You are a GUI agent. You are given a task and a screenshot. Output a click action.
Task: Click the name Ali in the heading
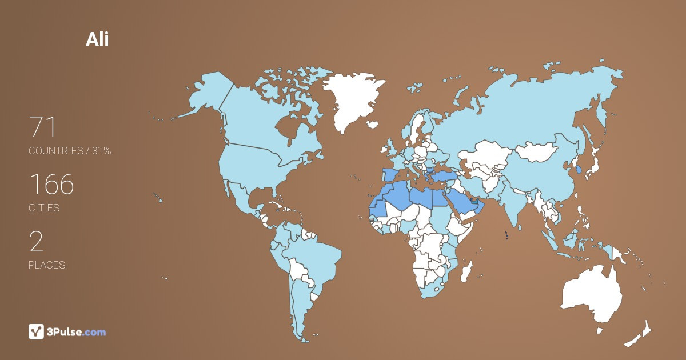tap(97, 39)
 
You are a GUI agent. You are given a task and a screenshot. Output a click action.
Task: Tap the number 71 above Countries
tap(43, 127)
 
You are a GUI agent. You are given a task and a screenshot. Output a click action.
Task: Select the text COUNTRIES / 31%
tap(70, 151)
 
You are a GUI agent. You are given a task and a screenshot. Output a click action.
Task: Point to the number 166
tap(51, 184)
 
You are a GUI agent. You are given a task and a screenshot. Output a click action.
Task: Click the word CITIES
tap(44, 208)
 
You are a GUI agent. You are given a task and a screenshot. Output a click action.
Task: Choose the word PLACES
tap(47, 265)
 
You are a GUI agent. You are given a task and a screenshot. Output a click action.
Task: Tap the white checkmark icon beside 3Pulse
tap(36, 331)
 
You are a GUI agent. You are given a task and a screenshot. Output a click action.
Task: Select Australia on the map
tap(592, 294)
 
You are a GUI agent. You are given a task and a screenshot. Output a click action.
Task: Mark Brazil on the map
tap(314, 257)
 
